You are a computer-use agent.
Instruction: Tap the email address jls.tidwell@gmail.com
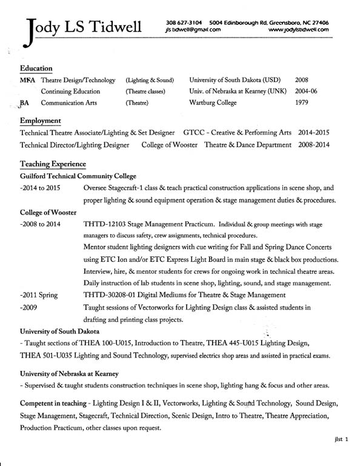(x=192, y=28)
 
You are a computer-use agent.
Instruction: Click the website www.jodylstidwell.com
(x=298, y=28)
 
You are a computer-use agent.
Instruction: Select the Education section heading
(x=36, y=68)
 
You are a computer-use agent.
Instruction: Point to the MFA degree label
(x=27, y=80)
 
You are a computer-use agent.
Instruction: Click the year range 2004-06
(x=307, y=92)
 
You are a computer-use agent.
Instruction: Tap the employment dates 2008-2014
(x=314, y=145)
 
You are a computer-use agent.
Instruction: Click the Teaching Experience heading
(x=53, y=164)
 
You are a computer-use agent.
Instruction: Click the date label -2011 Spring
(x=39, y=295)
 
